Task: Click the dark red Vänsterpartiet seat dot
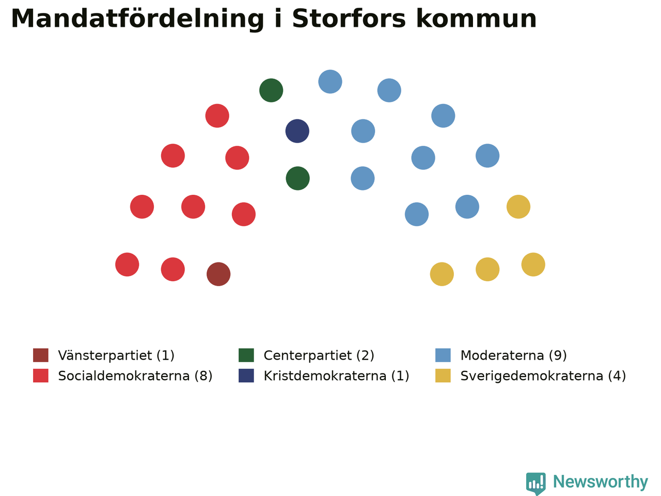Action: (x=218, y=274)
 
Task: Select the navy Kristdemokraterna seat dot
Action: (x=297, y=131)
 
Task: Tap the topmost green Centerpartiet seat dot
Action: (x=271, y=90)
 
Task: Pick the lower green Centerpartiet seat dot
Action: (x=297, y=178)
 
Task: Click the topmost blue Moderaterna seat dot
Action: (x=330, y=82)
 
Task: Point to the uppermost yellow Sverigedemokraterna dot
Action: (x=518, y=207)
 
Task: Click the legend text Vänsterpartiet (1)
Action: (x=116, y=355)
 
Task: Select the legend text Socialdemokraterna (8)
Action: (x=135, y=376)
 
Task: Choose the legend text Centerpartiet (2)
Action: (x=319, y=355)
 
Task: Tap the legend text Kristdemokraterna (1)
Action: (x=336, y=376)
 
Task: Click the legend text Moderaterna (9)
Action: (x=513, y=355)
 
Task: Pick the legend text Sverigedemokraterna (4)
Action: (x=543, y=376)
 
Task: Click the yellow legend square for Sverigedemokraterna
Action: (x=443, y=376)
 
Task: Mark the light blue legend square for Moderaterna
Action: (x=443, y=355)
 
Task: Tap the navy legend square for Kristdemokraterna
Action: (x=246, y=376)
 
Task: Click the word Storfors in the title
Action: (x=349, y=19)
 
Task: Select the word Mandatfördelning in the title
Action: (x=137, y=19)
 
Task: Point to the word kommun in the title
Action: (x=477, y=19)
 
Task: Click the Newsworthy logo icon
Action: (x=536, y=484)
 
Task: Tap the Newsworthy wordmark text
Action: (x=601, y=482)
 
